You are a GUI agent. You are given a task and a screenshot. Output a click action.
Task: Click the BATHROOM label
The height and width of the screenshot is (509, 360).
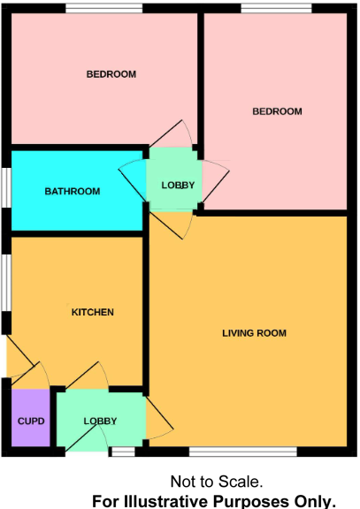tap(73, 191)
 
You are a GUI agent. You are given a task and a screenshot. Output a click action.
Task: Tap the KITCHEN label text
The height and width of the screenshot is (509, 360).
tap(92, 312)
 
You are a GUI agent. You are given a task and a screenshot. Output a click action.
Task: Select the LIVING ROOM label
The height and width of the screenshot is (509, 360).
tap(254, 333)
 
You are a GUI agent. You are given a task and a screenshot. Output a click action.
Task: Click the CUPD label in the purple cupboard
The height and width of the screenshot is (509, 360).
tap(31, 421)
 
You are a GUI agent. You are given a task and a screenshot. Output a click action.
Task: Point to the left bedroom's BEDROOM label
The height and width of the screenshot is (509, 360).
tap(111, 74)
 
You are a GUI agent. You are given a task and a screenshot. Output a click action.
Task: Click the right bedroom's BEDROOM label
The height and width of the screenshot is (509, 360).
tap(277, 111)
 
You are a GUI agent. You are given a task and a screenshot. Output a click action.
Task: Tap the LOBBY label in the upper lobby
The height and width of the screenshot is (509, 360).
tap(177, 186)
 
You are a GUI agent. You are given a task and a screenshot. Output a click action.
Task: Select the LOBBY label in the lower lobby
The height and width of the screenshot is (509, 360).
tap(101, 421)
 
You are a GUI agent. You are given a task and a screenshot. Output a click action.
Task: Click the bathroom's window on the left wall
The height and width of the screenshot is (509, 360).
tap(6, 186)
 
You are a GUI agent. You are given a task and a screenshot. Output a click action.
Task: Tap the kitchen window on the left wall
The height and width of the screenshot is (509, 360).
tap(6, 283)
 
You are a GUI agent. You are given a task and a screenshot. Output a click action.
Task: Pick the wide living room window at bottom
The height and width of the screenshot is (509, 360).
tap(242, 452)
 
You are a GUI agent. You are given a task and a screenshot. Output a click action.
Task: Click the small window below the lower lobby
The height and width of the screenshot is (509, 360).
tap(123, 452)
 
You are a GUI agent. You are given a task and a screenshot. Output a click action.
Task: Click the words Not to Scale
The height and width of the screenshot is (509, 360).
tap(216, 482)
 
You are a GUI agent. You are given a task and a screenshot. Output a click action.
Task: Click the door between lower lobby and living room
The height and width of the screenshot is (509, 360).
tap(159, 419)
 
